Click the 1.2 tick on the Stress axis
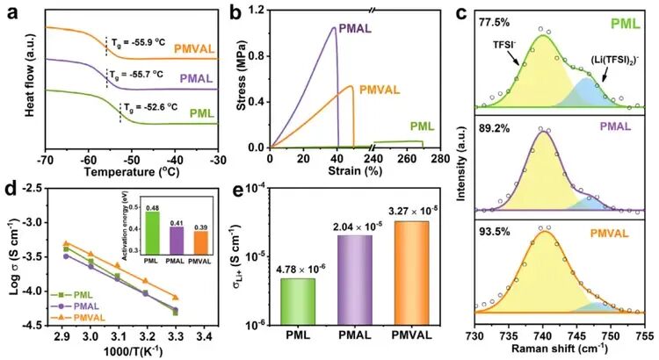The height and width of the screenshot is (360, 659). point(257,11)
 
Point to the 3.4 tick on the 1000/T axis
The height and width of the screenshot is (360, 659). point(203,335)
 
